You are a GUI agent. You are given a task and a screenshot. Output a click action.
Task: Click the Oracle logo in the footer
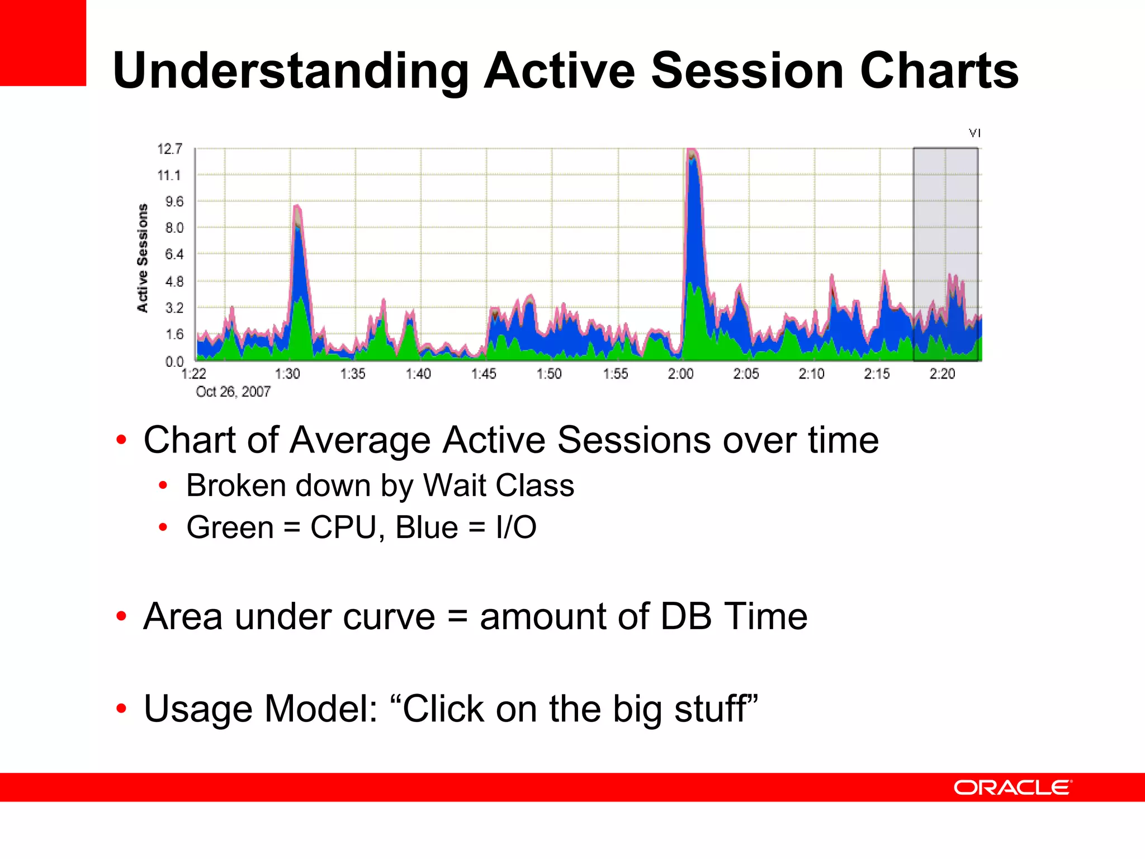[x=1012, y=787]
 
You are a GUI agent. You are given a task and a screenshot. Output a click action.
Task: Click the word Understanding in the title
[x=291, y=70]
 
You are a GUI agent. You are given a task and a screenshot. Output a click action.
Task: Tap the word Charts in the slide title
[x=939, y=70]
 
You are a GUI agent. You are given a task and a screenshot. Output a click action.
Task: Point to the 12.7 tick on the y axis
[x=169, y=149]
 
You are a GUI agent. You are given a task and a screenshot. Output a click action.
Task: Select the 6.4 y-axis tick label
[x=174, y=254]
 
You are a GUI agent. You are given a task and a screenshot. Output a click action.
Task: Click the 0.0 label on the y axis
[x=174, y=361]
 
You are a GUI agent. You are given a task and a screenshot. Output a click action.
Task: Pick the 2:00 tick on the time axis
[x=680, y=374]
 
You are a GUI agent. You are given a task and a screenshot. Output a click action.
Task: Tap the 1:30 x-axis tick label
[x=287, y=374]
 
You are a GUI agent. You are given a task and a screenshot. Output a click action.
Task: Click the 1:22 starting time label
[x=194, y=374]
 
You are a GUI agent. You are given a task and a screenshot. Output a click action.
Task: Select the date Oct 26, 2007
[x=233, y=391]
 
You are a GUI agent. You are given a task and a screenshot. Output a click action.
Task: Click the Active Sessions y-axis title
[x=143, y=258]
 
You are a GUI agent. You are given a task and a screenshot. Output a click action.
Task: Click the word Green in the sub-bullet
[x=230, y=527]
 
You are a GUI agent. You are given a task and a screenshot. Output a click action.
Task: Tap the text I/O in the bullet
[x=515, y=527]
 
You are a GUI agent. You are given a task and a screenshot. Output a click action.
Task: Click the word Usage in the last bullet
[x=198, y=709]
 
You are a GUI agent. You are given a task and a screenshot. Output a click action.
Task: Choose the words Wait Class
[x=499, y=485]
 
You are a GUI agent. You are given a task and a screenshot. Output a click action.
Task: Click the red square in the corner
[x=42, y=43]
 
